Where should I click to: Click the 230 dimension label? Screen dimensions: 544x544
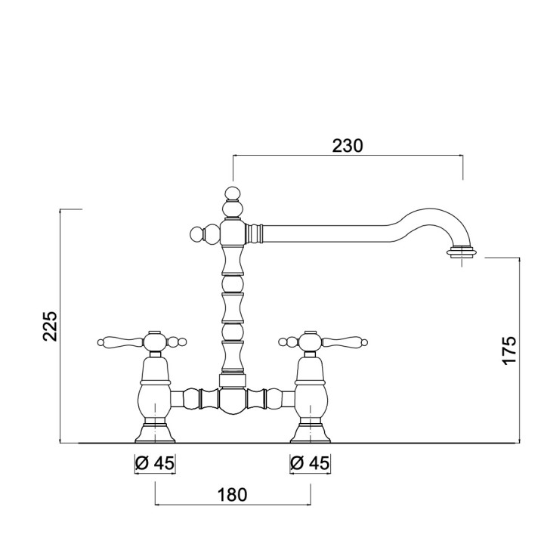[x=348, y=146]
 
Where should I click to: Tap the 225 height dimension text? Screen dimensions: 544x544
[x=50, y=326]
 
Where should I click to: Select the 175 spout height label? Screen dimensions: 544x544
[x=509, y=351]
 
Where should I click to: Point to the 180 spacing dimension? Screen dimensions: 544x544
[x=233, y=495]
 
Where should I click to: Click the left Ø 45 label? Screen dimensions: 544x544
[x=155, y=462]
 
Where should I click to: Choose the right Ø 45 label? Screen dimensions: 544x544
[x=311, y=462]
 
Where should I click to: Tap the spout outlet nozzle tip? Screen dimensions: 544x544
[x=462, y=252]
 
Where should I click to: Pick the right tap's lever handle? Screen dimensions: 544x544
[x=344, y=342]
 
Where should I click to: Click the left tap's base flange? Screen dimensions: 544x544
[x=155, y=434]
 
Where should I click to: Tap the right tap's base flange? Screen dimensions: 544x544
[x=311, y=434]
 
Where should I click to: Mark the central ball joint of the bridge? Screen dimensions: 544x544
[x=233, y=400]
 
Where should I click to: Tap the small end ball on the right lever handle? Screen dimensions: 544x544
[x=365, y=343]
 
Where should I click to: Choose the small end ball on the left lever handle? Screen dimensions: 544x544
[x=100, y=343]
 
